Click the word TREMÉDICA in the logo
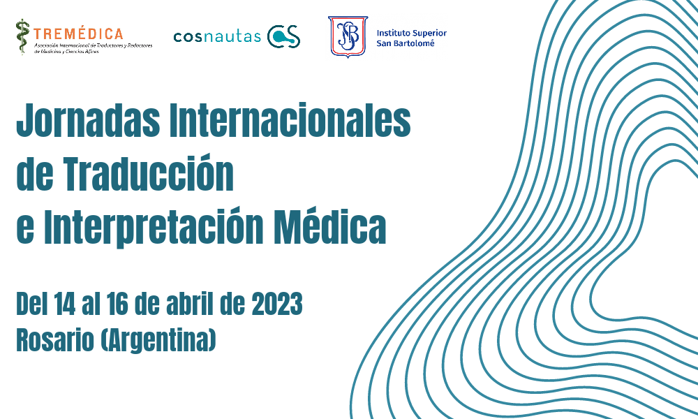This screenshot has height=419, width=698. pyautogui.click(x=78, y=33)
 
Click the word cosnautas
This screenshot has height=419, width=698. pyautogui.click(x=217, y=36)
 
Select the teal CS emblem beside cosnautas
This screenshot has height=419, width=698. pyautogui.click(x=285, y=36)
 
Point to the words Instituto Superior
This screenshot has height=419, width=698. pyautogui.click(x=411, y=33)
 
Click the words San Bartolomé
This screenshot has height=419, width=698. pyautogui.click(x=405, y=43)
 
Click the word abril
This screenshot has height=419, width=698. pyautogui.click(x=195, y=305)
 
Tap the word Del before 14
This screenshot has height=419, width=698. pyautogui.click(x=31, y=305)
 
